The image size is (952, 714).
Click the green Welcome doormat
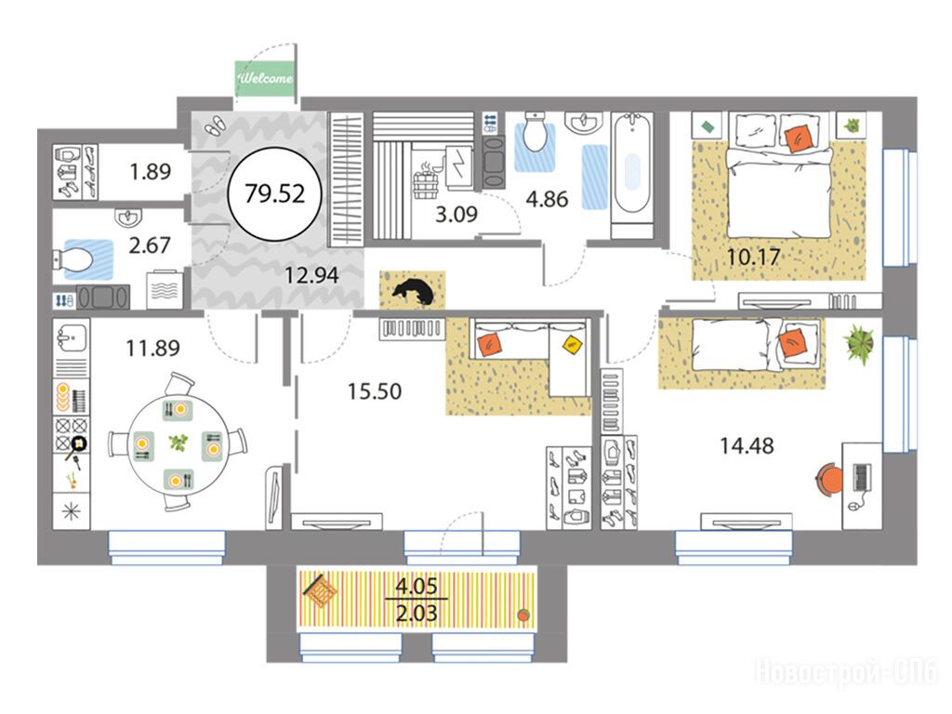[x=265, y=78]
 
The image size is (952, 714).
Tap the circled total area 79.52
[x=274, y=193]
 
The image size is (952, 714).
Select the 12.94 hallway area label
[x=312, y=275]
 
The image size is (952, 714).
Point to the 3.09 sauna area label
[x=456, y=214]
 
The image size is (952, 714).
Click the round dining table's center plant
[x=178, y=442]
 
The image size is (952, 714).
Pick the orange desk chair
[x=828, y=478]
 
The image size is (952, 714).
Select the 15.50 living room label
[x=375, y=391]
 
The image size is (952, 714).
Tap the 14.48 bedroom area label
[x=747, y=446]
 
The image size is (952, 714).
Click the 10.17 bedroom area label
[x=753, y=257]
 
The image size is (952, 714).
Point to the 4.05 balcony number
[x=416, y=587]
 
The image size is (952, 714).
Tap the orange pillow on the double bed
[x=797, y=138]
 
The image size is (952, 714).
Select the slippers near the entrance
[x=214, y=125]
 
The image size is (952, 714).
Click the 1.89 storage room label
[x=151, y=172]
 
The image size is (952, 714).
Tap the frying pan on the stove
[x=77, y=447]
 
